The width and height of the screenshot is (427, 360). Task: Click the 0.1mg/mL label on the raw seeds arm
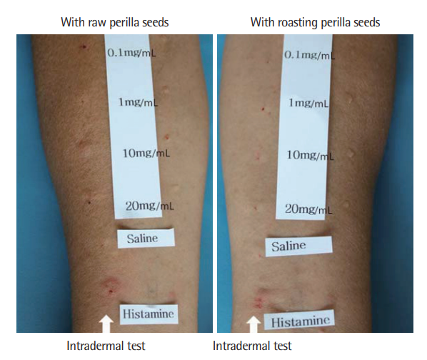[x=132, y=53]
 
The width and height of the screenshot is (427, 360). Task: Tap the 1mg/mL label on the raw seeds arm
[x=138, y=102]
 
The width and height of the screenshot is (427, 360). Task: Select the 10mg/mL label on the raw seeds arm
[x=146, y=154]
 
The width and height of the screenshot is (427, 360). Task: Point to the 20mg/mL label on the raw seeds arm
[x=149, y=206]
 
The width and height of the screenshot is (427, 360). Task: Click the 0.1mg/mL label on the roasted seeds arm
[x=310, y=55]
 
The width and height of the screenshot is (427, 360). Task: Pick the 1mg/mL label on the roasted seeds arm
[x=308, y=103]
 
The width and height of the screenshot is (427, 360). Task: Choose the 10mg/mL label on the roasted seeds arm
[x=310, y=156]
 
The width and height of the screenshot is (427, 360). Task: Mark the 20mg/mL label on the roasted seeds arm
[x=308, y=209]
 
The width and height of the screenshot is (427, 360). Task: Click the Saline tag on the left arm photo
[x=146, y=239]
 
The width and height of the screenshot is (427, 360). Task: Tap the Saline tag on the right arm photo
[x=298, y=246]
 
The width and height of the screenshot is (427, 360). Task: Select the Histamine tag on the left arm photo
[x=149, y=314]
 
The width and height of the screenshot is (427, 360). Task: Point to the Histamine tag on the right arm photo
[x=300, y=321]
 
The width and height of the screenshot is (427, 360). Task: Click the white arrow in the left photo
[x=106, y=324]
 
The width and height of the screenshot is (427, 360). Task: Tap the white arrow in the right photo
[x=253, y=324]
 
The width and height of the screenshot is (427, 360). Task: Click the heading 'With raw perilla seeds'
[x=115, y=22]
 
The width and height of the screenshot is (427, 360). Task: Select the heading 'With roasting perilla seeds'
[x=315, y=22]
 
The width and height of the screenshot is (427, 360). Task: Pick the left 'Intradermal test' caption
[x=106, y=346]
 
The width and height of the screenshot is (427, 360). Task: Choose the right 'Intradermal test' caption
[x=252, y=346]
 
